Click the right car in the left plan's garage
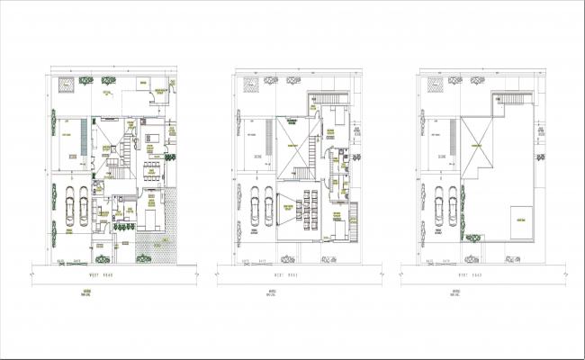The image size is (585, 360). [82, 204]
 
